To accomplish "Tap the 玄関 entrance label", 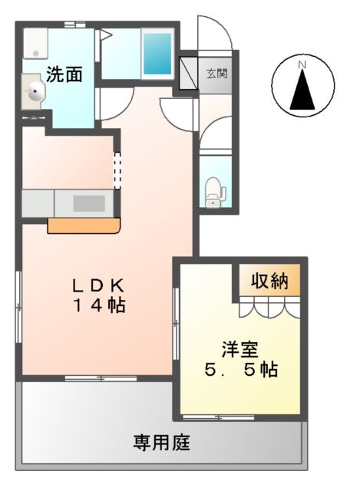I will (x=215, y=74).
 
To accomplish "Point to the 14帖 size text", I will (x=99, y=305).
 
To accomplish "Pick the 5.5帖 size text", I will (x=240, y=370).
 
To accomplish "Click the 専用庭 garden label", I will (x=161, y=443).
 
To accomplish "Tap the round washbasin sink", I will (x=35, y=94).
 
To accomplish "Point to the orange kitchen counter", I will (x=84, y=225).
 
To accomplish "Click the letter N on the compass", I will (x=302, y=64).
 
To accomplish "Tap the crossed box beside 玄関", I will (x=188, y=72).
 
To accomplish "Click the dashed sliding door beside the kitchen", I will (x=117, y=170).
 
